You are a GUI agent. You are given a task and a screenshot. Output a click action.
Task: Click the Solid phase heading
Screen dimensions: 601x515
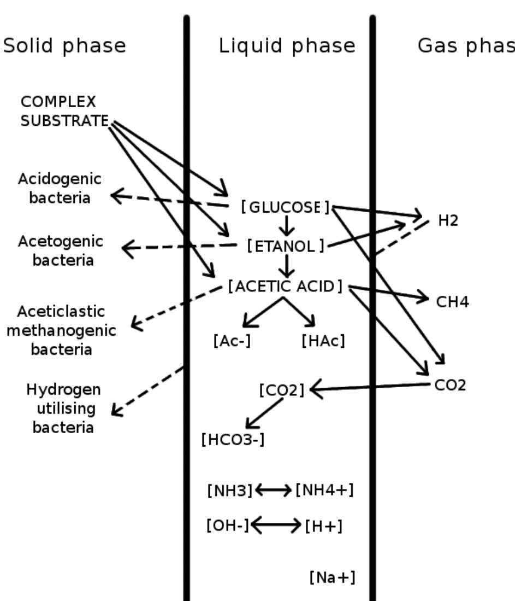tap(64, 46)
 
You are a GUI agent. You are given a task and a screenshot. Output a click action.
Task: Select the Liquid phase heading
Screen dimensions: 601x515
tap(287, 46)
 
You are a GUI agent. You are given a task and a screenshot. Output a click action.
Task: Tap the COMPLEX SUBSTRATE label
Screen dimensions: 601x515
tap(64, 111)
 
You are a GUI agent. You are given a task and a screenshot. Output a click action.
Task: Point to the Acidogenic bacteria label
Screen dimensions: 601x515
tap(60, 188)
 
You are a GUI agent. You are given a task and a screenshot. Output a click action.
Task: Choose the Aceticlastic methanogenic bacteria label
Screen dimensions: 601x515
tap(61, 330)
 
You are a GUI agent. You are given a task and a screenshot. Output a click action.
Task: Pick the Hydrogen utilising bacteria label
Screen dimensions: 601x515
tap(63, 408)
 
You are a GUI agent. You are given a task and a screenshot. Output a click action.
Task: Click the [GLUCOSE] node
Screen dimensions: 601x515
tap(285, 207)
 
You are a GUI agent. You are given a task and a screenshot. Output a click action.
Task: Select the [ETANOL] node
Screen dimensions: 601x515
tap(286, 246)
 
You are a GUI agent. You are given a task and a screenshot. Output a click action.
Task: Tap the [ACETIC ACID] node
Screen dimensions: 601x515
tap(285, 286)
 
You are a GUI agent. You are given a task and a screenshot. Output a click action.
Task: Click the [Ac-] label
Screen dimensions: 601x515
tap(232, 341)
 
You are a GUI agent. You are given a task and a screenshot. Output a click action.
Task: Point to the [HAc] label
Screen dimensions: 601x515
tap(323, 341)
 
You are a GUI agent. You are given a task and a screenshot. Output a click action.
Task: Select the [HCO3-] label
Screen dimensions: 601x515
tap(233, 439)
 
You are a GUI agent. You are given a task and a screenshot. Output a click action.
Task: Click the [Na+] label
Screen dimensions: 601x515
tap(332, 577)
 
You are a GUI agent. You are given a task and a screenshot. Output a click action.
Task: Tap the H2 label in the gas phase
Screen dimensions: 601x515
tap(448, 221)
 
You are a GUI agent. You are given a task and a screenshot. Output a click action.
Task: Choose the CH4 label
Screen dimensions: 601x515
tap(452, 302)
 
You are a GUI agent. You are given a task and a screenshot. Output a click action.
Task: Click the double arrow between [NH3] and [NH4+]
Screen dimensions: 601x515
tap(274, 490)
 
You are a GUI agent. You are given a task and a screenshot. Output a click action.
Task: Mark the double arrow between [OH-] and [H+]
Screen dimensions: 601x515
tap(276, 526)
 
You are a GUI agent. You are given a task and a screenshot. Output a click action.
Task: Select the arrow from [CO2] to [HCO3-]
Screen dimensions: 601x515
tap(265, 413)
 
